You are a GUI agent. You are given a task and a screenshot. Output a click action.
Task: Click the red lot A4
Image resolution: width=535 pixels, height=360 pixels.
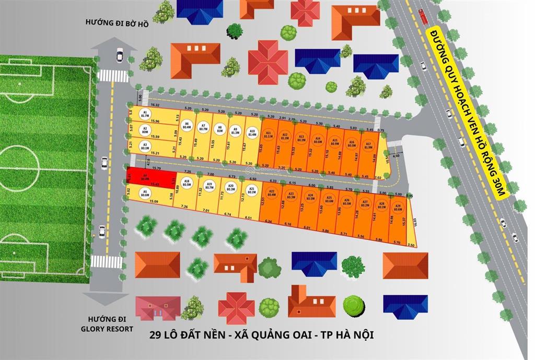coord(144,178)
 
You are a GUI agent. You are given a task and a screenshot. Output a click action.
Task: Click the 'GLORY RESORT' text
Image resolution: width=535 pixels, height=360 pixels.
coord(110,329)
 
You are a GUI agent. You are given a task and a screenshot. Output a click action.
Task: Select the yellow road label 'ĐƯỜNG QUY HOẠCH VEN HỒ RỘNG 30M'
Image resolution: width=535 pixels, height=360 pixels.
coord(467,112)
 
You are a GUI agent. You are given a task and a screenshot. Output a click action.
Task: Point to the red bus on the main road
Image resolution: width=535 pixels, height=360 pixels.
coord(423,17)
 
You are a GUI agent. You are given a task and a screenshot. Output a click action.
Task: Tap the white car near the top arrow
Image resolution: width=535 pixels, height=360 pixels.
coord(120,53)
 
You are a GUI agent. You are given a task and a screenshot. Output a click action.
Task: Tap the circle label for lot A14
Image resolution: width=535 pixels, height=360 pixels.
coord(318,140)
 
